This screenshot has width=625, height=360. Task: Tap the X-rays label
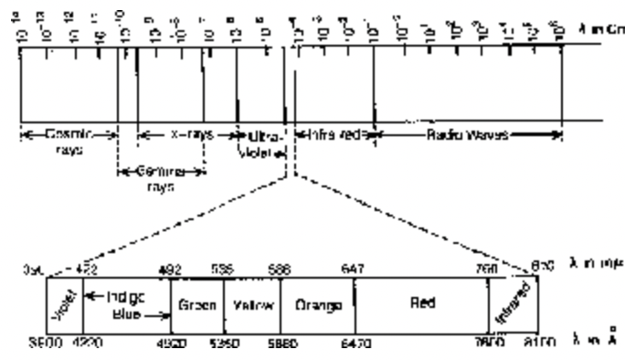pyautogui.click(x=186, y=133)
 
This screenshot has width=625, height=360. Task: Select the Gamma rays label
pyautogui.click(x=161, y=176)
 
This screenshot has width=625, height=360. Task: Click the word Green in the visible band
pyautogui.click(x=196, y=304)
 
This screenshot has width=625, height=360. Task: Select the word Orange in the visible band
pyautogui.click(x=317, y=304)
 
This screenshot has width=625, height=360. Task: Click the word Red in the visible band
pyautogui.click(x=422, y=303)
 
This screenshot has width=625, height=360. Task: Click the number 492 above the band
pyautogui.click(x=170, y=270)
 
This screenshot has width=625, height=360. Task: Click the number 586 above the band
pyautogui.click(x=280, y=270)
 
